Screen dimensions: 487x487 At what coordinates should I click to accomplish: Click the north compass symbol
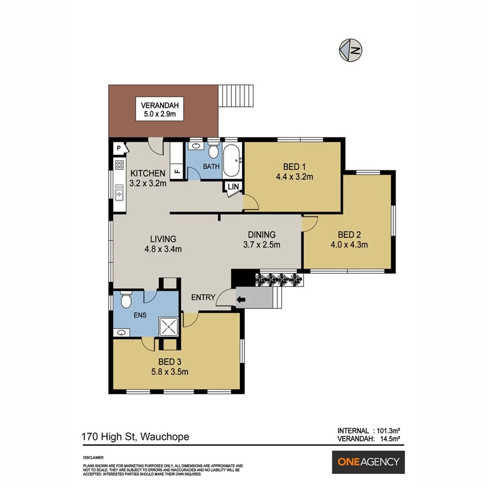click(350, 50)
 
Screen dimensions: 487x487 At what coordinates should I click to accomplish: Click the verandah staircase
click(235, 95)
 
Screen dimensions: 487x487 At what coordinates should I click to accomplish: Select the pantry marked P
click(119, 148)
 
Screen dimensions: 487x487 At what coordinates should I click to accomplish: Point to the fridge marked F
click(177, 170)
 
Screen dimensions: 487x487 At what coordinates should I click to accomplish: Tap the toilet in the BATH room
click(213, 151)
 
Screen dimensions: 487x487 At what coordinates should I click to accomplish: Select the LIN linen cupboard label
click(233, 187)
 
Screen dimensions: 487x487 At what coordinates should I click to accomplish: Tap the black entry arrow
click(241, 300)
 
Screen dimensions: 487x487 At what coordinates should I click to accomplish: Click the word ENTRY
click(203, 297)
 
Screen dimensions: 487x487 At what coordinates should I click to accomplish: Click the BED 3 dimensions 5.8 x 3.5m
click(166, 372)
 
